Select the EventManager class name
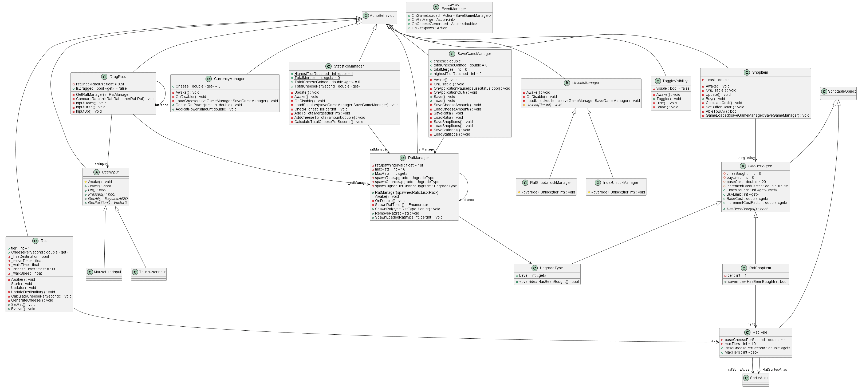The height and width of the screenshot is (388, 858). point(454,9)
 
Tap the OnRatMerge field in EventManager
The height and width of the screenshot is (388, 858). point(433,20)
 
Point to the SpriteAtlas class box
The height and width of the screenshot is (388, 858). point(755,380)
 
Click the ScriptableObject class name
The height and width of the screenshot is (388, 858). point(842,91)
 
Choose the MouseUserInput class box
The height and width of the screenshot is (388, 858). point(104,274)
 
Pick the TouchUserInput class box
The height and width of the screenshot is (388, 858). point(148,274)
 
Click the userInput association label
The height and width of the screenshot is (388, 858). point(100,164)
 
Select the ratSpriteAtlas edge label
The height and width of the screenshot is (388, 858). point(739,369)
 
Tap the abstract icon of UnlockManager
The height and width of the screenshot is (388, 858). point(567,83)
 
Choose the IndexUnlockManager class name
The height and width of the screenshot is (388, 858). point(620,183)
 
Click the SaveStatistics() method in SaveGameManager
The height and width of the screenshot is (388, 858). point(452,130)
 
